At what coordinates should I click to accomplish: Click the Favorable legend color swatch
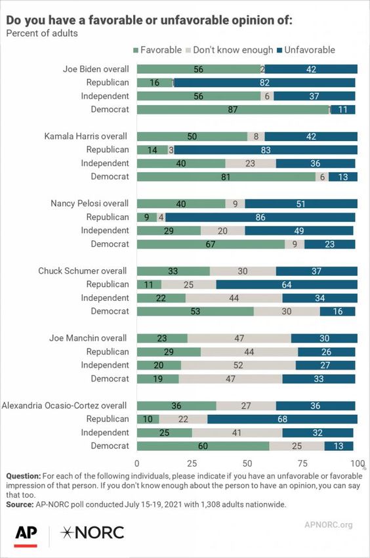point(135,51)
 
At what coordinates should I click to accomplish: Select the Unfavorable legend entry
point(306,50)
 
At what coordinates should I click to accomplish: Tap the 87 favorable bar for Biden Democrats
point(233,110)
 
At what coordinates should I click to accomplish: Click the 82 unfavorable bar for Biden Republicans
point(264,83)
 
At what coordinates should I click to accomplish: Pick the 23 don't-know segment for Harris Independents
point(251,163)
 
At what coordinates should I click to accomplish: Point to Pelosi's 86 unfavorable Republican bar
point(260,217)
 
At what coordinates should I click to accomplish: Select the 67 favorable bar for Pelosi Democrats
point(211,244)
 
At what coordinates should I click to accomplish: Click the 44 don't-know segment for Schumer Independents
point(234,298)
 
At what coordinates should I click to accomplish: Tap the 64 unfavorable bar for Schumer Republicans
point(287,284)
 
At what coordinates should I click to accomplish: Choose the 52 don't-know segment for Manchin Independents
point(238,365)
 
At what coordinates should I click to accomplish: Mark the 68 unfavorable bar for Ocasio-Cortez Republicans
point(283,419)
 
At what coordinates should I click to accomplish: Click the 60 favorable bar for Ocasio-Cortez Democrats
point(203,446)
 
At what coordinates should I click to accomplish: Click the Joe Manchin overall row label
point(88,338)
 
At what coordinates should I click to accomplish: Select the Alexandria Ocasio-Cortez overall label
point(64,405)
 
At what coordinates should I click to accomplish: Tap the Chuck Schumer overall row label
point(83,271)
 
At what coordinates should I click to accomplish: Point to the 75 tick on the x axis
point(302,463)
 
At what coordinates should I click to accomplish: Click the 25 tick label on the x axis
point(192,463)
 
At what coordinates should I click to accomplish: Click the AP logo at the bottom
point(26,536)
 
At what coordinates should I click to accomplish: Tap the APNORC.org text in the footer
point(329,525)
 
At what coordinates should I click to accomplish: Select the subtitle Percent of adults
point(42,33)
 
